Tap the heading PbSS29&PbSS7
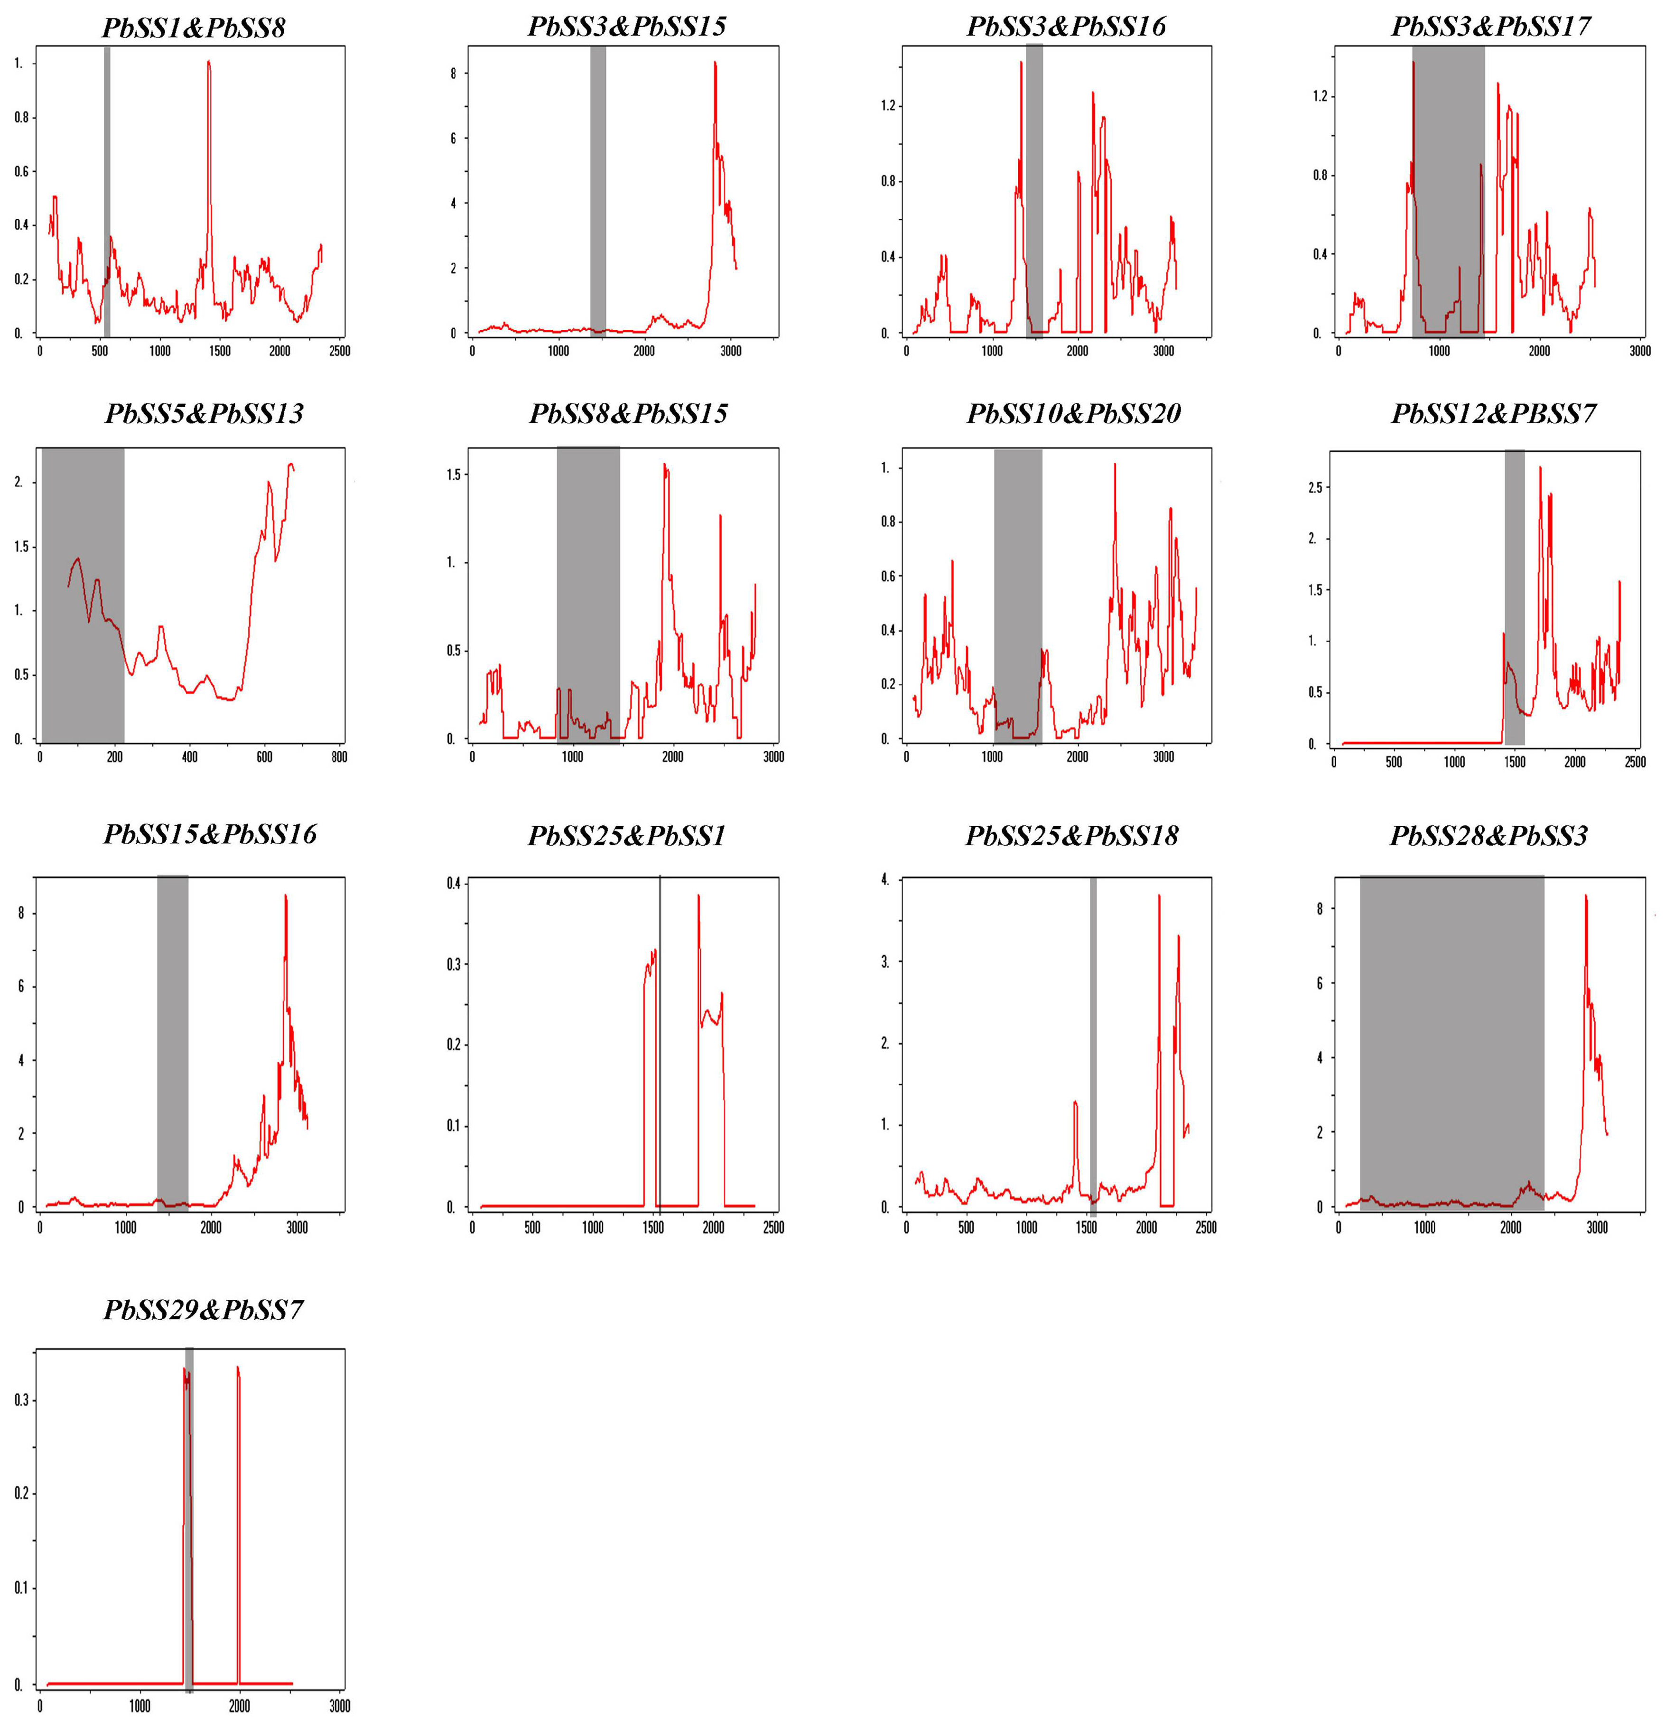point(203,1310)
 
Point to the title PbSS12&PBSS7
point(1493,414)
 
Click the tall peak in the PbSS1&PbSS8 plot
point(209,64)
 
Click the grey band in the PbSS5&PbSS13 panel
point(83,594)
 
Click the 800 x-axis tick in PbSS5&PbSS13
point(340,757)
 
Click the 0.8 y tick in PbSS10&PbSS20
point(886,522)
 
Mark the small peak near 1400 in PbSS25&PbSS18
point(1075,1102)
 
